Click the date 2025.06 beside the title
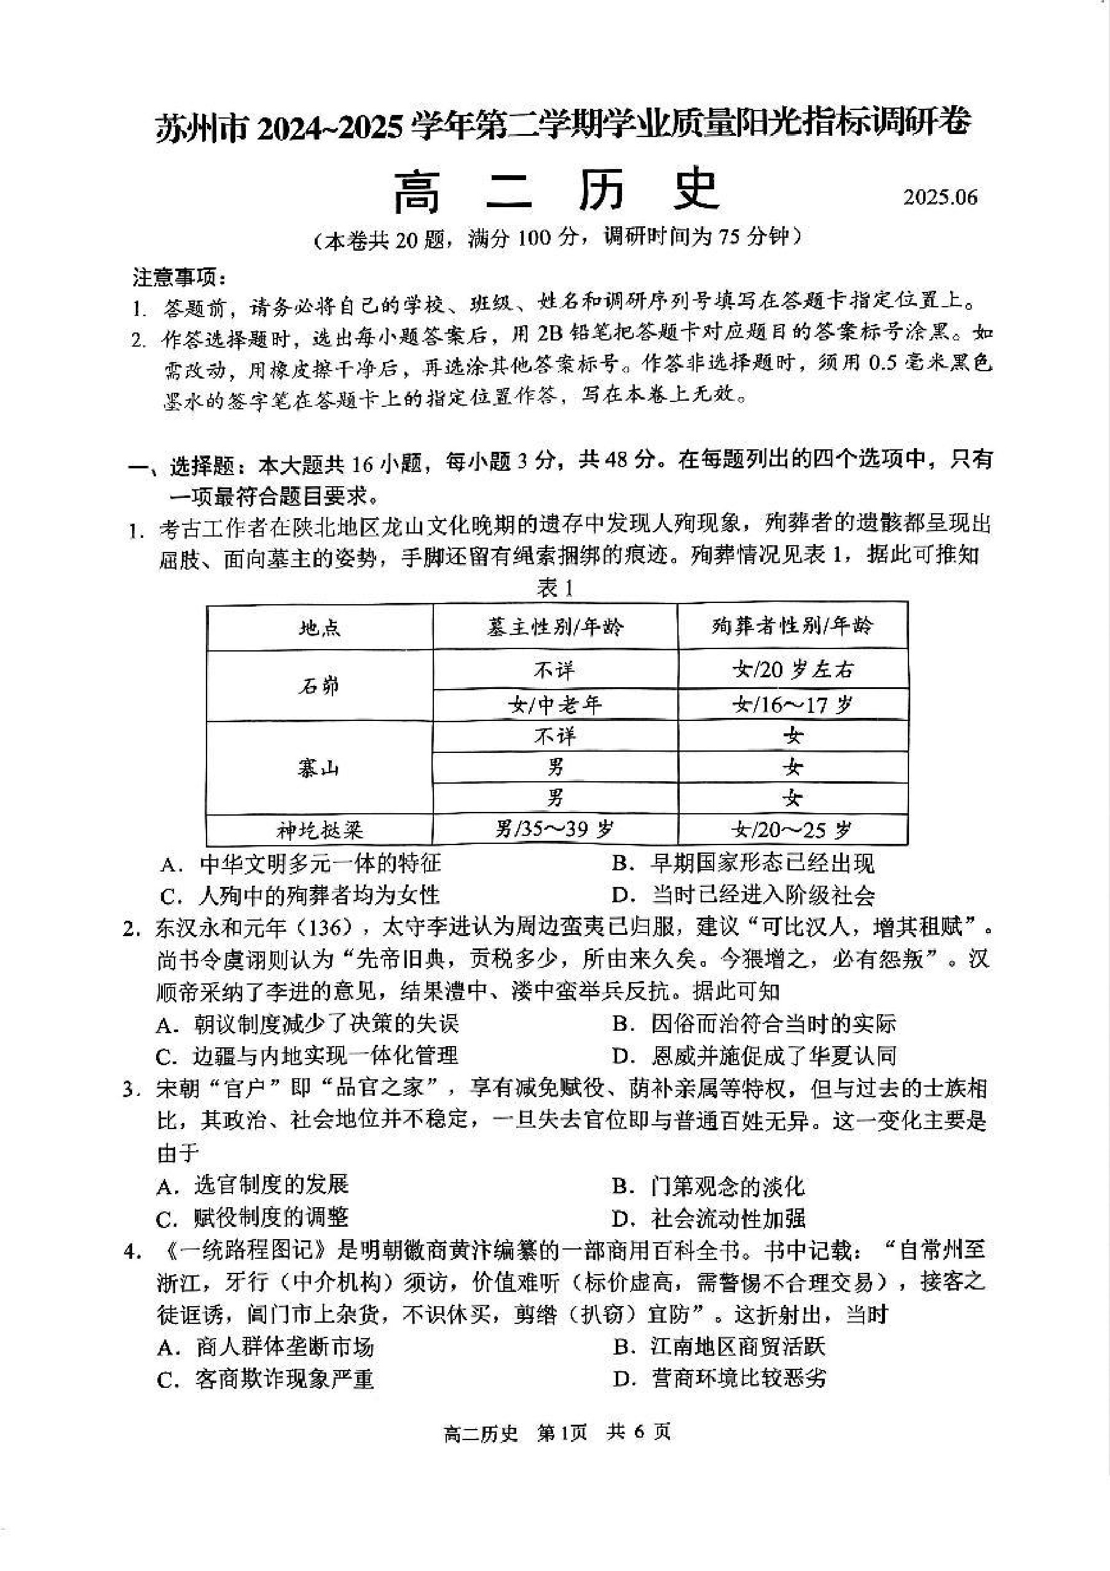pyautogui.click(x=940, y=197)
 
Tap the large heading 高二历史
pyautogui.click(x=556, y=190)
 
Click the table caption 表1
pyautogui.click(x=555, y=588)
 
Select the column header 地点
pyautogui.click(x=320, y=627)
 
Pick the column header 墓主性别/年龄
pyautogui.click(x=555, y=627)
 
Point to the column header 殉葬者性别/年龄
pyautogui.click(x=792, y=626)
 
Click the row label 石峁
pyautogui.click(x=320, y=685)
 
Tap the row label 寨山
pyautogui.click(x=320, y=768)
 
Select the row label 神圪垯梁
pyautogui.click(x=320, y=830)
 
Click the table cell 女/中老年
pyautogui.click(x=555, y=704)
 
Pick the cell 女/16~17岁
pyautogui.click(x=792, y=704)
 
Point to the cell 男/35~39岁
pyautogui.click(x=555, y=830)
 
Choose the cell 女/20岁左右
pyautogui.click(x=792, y=669)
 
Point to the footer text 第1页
pyautogui.click(x=562, y=1432)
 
